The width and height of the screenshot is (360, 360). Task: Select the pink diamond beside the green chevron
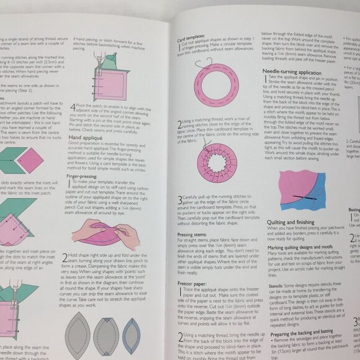[x=30, y=160]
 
